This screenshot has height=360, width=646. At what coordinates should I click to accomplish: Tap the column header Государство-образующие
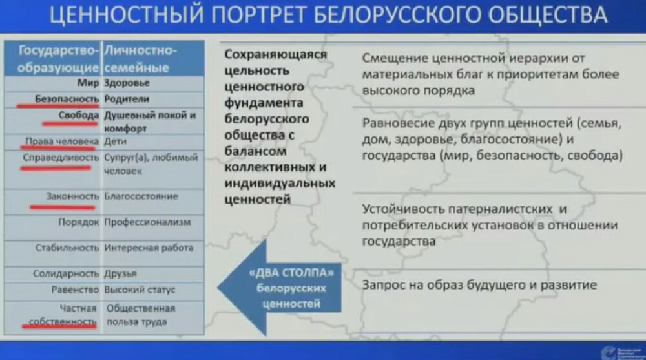(59, 59)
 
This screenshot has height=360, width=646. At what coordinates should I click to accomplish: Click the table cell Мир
(87, 83)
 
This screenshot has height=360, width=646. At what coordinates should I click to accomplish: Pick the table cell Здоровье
(127, 83)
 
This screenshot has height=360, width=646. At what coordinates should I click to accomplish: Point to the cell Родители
(127, 99)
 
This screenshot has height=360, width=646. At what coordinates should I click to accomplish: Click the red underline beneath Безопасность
(58, 106)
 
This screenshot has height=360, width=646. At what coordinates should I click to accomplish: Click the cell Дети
(116, 141)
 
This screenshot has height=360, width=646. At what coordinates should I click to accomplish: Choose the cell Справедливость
(60, 157)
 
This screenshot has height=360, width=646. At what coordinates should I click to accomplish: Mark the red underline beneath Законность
(63, 207)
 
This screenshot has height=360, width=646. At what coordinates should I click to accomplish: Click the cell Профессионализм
(148, 222)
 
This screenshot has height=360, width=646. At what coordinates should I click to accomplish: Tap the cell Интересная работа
(149, 248)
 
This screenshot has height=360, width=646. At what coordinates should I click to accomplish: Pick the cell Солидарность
(66, 273)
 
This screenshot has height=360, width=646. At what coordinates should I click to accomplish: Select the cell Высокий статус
(140, 290)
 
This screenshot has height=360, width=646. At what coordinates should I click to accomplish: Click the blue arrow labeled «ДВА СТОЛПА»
(278, 285)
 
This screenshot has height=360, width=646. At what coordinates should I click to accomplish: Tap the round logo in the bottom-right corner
(608, 352)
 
